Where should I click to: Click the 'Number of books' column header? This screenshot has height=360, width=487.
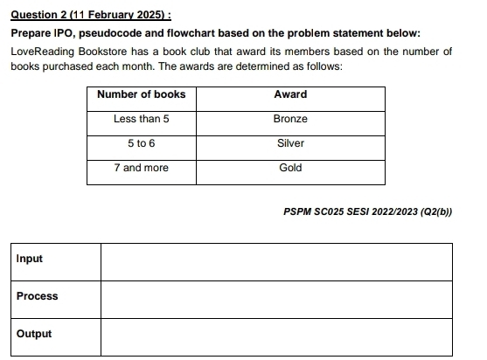(141, 94)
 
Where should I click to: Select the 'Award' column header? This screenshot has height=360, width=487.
(290, 94)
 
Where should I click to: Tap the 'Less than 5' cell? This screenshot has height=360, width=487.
(141, 119)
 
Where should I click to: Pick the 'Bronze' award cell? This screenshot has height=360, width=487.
(290, 119)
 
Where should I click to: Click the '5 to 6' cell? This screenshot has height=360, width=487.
(141, 143)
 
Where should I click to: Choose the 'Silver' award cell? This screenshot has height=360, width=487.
(290, 143)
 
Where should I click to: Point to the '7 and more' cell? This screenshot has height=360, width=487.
(141, 168)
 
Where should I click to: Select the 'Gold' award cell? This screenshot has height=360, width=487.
(290, 168)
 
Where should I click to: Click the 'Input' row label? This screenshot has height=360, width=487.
(30, 260)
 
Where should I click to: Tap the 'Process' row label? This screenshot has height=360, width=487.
(37, 297)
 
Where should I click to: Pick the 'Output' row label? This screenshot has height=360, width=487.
(34, 335)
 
